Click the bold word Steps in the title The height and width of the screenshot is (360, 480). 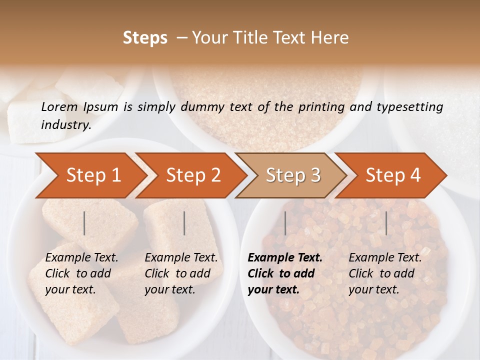pos(145,38)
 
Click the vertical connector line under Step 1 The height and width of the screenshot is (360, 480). pos(84,223)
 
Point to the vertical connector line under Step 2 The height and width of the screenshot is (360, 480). pos(184,223)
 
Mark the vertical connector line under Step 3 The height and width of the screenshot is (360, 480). pos(285,223)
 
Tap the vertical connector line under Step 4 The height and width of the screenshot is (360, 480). pos(386,223)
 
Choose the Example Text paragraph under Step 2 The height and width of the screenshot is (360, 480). pos(181,273)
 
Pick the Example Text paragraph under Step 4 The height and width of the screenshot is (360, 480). pos(385,273)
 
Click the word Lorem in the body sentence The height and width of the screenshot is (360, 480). pos(59,106)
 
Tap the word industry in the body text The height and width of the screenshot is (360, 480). pos(65,125)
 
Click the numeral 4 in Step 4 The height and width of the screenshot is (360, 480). pos(415,175)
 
